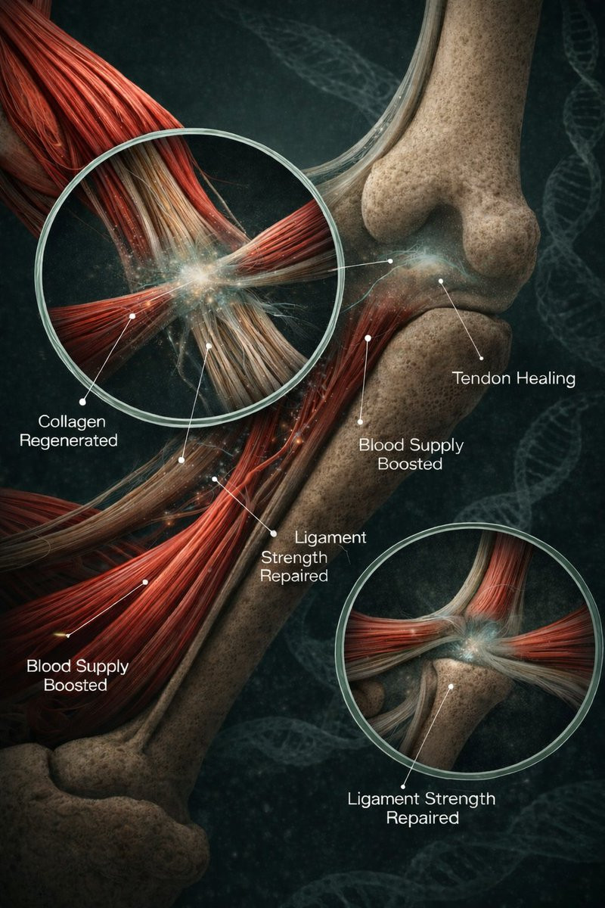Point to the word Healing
pyautogui.click(x=546, y=378)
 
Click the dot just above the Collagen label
pyautogui.click(x=82, y=400)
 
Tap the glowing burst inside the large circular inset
pyautogui.click(x=200, y=275)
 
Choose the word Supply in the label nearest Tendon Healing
pyautogui.click(x=432, y=444)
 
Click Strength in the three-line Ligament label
pyautogui.click(x=294, y=557)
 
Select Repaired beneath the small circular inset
pyautogui.click(x=422, y=818)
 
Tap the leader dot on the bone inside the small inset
pyautogui.click(x=452, y=687)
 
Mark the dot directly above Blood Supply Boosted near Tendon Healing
pyautogui.click(x=361, y=421)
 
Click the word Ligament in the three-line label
pyautogui.click(x=330, y=537)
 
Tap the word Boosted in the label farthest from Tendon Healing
pyautogui.click(x=75, y=686)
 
